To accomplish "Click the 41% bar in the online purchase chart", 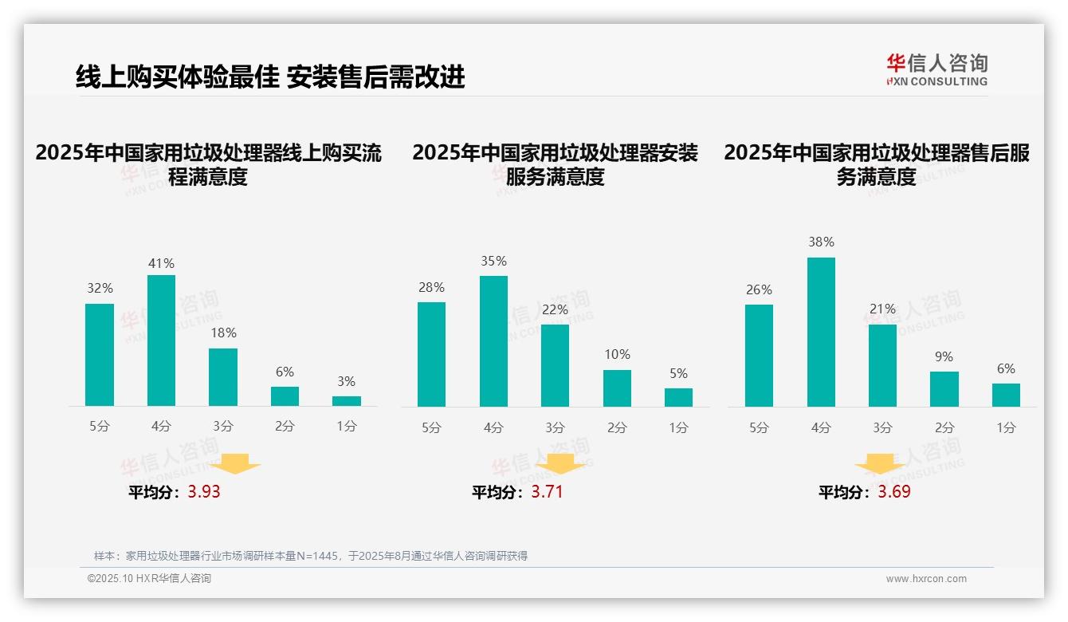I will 161,341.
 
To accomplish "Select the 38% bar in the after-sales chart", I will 821,332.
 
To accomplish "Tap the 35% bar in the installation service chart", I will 493,341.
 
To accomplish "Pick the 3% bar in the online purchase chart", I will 347,401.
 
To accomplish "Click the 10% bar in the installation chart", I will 617,388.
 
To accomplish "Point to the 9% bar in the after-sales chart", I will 944,389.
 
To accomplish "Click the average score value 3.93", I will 204,492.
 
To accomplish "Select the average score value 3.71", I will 547,492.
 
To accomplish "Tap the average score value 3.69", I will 894,492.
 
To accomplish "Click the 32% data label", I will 100,289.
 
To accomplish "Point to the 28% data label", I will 431,287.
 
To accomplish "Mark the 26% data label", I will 759,289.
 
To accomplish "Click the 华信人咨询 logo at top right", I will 936,69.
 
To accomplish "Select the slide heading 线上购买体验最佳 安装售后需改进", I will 270,77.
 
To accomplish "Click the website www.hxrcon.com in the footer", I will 926,579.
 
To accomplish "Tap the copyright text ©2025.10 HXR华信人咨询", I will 149,579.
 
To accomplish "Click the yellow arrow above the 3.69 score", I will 880,464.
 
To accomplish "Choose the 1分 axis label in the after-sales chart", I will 1006,427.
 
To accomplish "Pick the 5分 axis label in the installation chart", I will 431,427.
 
